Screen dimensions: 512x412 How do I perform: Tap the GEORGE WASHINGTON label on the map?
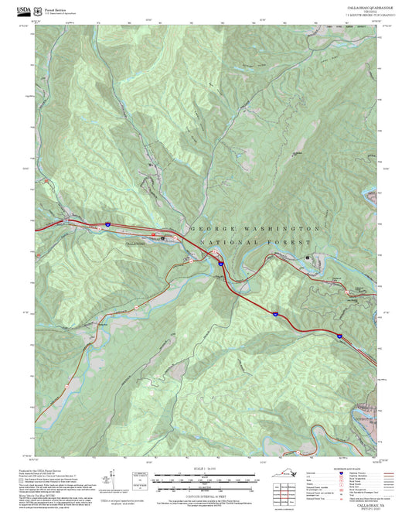pos(253,230)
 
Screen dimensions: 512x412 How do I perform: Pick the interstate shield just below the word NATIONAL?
pos(220,265)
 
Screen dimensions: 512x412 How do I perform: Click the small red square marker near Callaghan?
pos(153,234)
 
